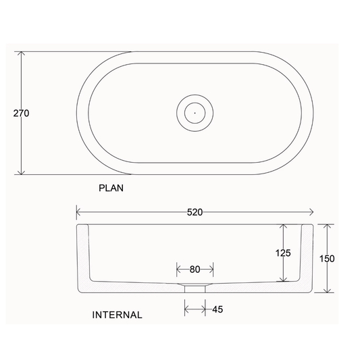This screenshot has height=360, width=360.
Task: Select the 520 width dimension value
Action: pyautogui.click(x=195, y=211)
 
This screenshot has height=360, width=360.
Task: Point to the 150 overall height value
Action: pyautogui.click(x=328, y=258)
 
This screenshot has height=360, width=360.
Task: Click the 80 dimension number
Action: pyautogui.click(x=195, y=269)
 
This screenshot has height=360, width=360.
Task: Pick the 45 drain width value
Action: pyautogui.click(x=216, y=309)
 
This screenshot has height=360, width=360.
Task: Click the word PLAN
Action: pyautogui.click(x=111, y=189)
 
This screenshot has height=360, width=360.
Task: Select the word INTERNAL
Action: pyautogui.click(x=117, y=315)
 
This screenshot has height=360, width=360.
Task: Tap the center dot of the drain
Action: pyautogui.click(x=195, y=112)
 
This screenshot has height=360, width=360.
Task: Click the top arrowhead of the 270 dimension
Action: pyautogui.click(x=23, y=55)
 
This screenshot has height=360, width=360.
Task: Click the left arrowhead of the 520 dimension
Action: pyautogui.click(x=78, y=211)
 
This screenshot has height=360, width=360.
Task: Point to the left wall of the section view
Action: pyautogui.click(x=83, y=257)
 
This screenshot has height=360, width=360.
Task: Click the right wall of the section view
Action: pyautogui.click(x=307, y=257)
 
